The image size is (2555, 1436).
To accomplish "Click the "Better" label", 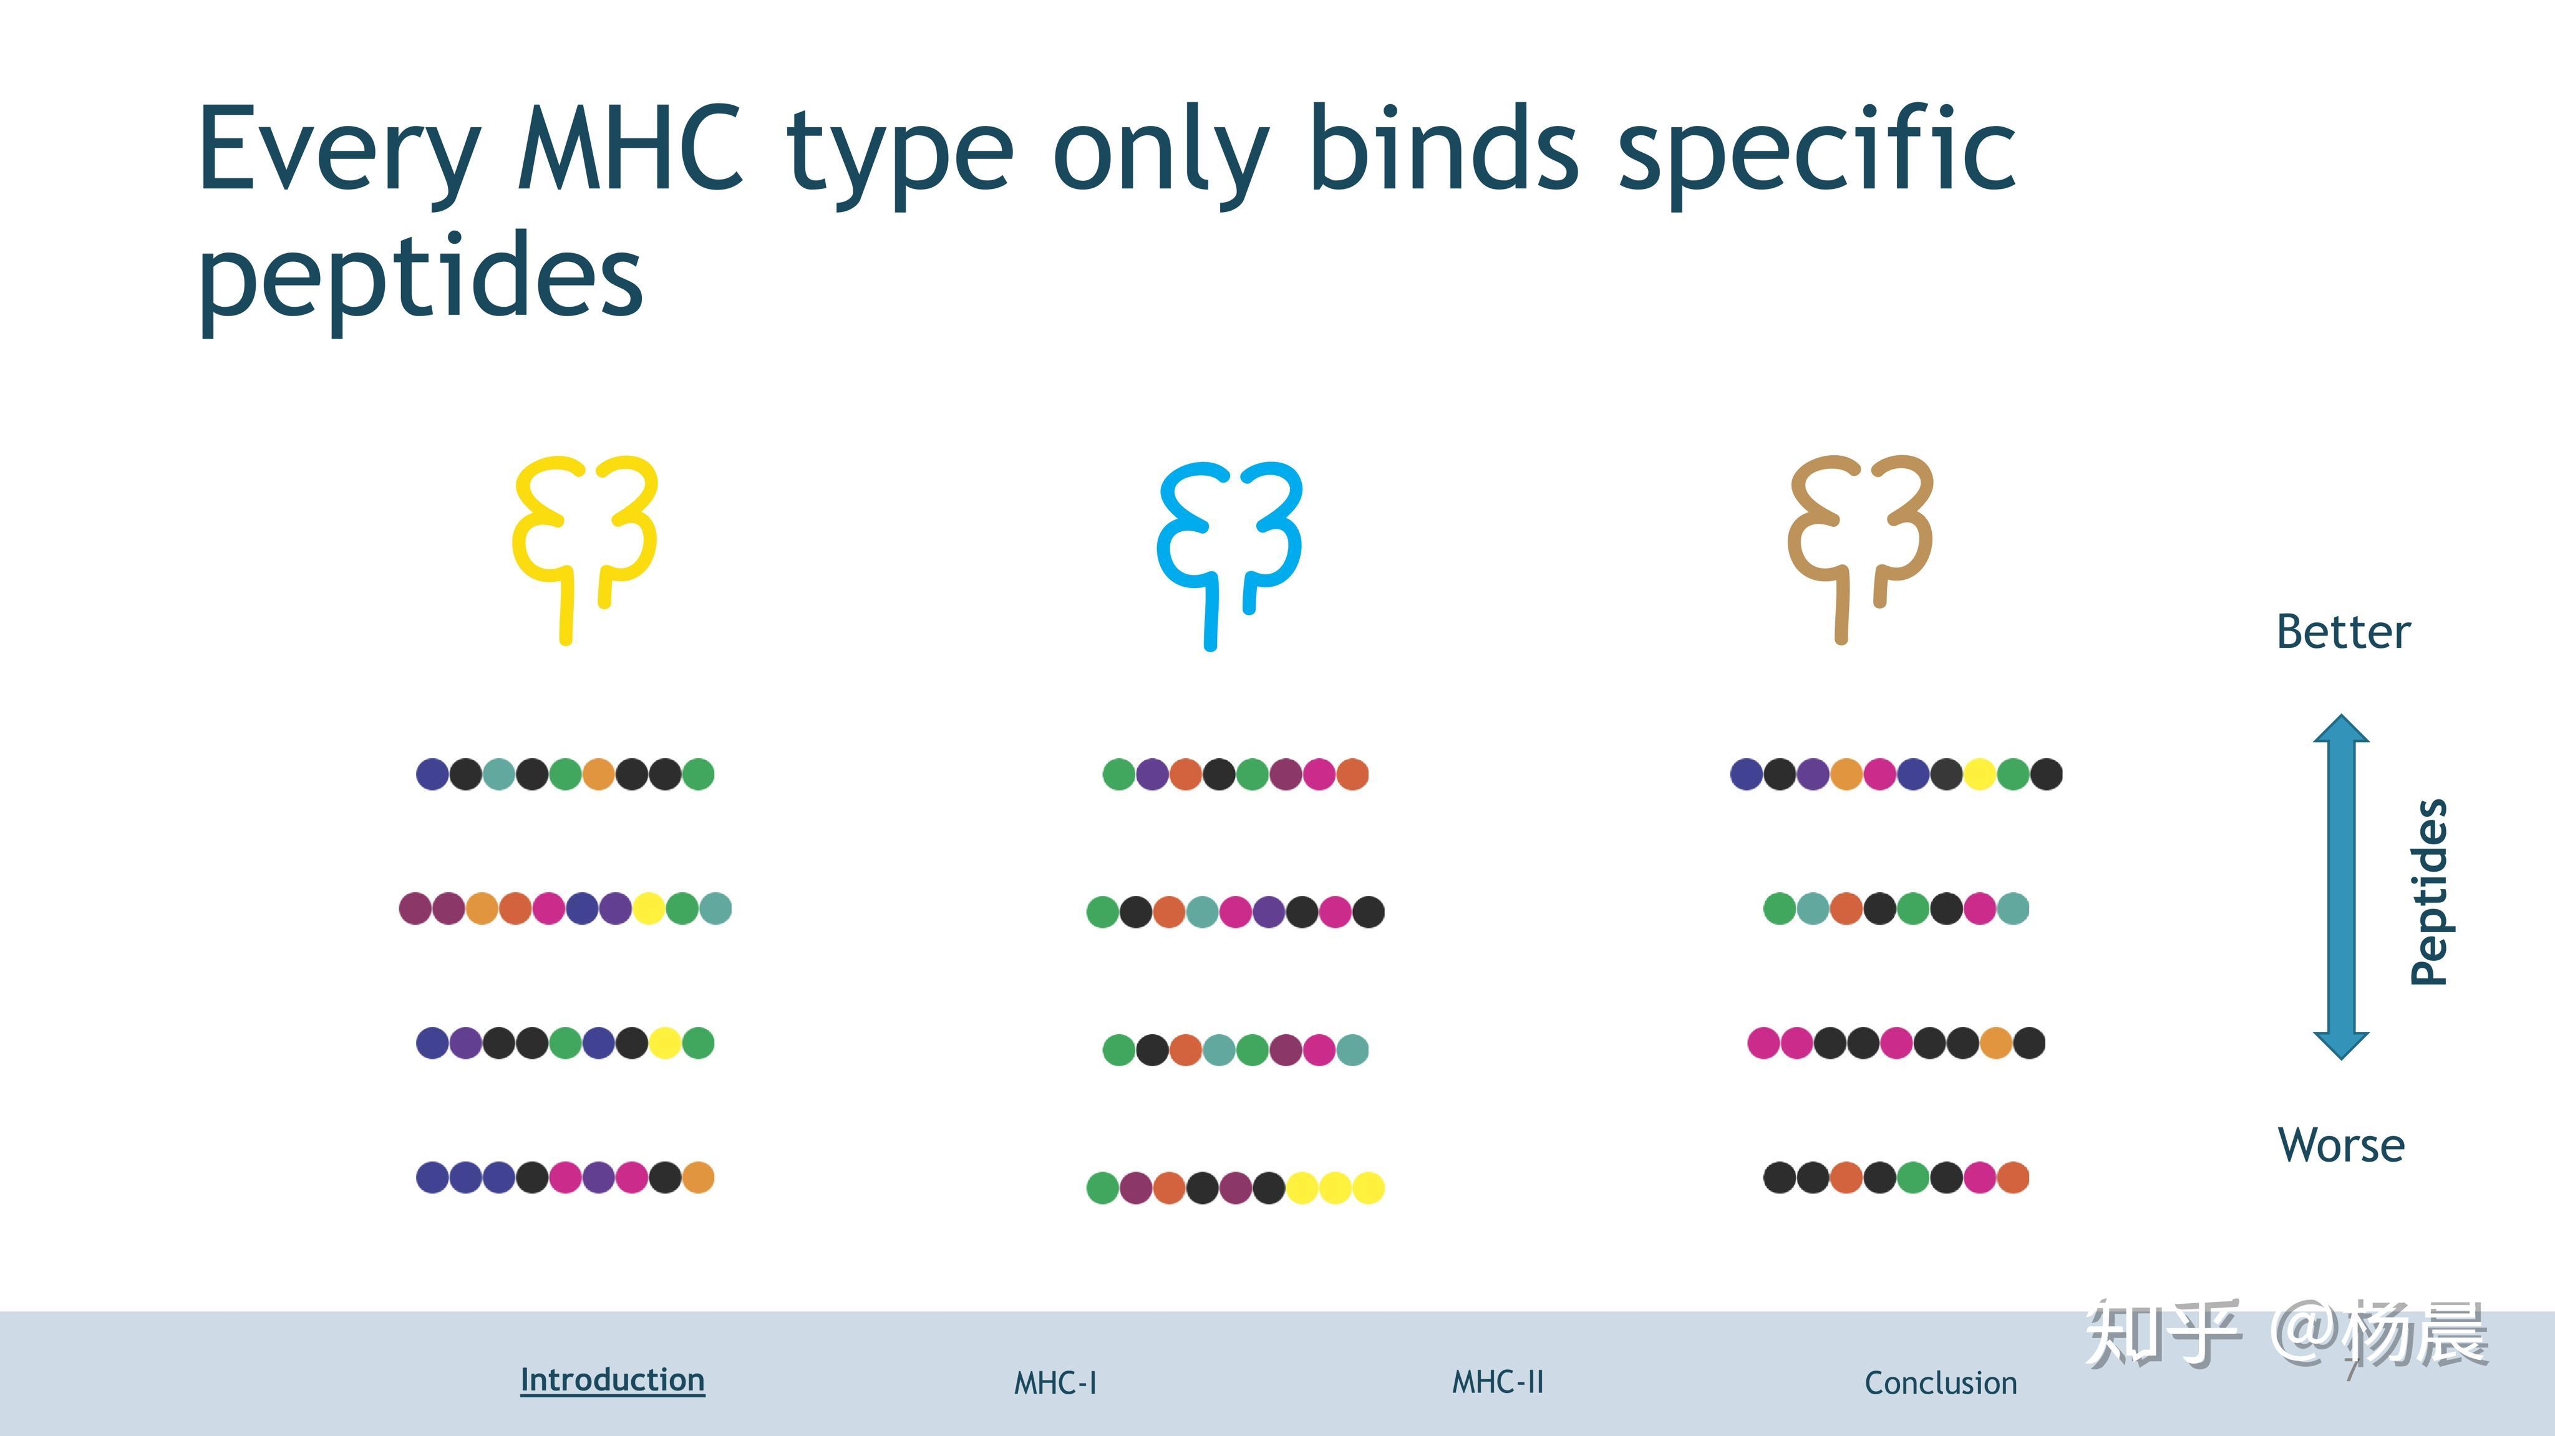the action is [2343, 632].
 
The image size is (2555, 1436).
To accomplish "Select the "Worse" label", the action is [2341, 1145].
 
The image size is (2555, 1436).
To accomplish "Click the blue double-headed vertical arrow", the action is [2342, 887].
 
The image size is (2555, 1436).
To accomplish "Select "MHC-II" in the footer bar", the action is [1498, 1382].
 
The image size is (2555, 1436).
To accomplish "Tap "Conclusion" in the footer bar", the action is [1941, 1382].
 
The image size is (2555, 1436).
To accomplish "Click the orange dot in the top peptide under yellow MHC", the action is [598, 774].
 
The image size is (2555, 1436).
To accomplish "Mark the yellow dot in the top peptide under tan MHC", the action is [1980, 774].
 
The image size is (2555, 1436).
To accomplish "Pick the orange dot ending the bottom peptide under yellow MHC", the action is [698, 1177].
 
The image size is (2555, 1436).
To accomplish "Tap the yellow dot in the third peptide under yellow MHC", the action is [664, 1043].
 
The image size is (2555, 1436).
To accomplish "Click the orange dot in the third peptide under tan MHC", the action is [1995, 1043].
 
